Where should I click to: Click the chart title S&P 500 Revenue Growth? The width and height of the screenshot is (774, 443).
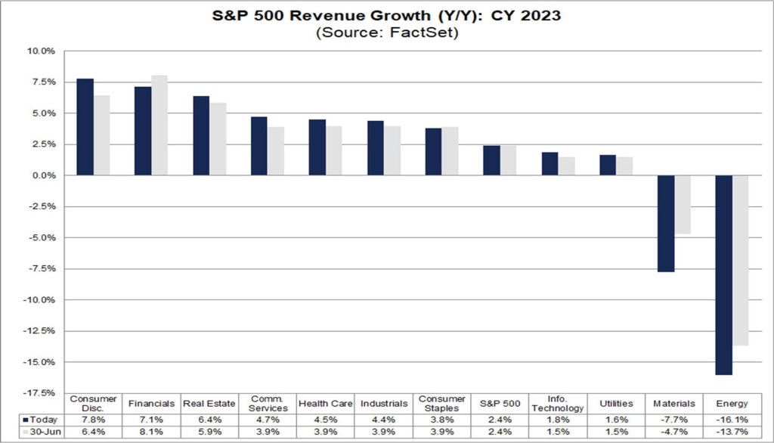pyautogui.click(x=386, y=15)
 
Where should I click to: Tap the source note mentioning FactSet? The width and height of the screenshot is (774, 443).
pyautogui.click(x=386, y=33)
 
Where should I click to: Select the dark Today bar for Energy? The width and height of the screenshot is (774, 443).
pyautogui.click(x=723, y=274)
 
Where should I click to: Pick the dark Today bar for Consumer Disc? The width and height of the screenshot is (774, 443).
pyautogui.click(x=85, y=127)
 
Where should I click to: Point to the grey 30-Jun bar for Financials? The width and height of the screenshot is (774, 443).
pyautogui.click(x=159, y=125)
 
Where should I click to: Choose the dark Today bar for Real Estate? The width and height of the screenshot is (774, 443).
pyautogui.click(x=201, y=135)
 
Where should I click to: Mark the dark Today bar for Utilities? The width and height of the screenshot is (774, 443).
pyautogui.click(x=607, y=165)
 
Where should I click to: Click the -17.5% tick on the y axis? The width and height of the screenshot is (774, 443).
pyautogui.click(x=42, y=393)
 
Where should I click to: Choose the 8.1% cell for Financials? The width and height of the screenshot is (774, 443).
pyautogui.click(x=152, y=432)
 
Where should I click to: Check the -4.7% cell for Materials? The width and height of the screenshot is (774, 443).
pyautogui.click(x=674, y=432)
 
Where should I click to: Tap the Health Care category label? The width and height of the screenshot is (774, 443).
pyautogui.click(x=326, y=404)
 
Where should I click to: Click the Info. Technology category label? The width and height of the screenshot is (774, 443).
pyautogui.click(x=557, y=404)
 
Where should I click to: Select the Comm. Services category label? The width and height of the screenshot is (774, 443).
pyautogui.click(x=268, y=404)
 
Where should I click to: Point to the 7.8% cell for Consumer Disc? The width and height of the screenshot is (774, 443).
pyautogui.click(x=94, y=419)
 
